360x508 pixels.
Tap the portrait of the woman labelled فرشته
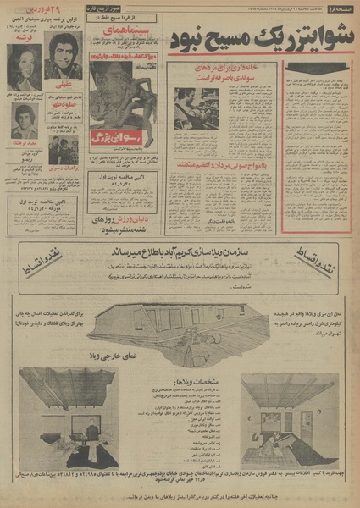pyautogui.click(x=24, y=65)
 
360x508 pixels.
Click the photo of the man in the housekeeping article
pyautogui.click(x=196, y=107)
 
